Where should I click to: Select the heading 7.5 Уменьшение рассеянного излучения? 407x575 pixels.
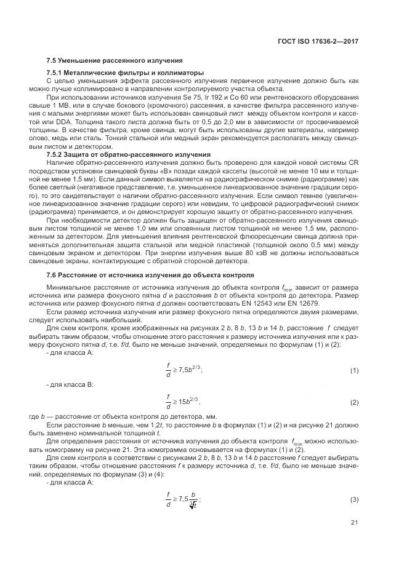point(115,61)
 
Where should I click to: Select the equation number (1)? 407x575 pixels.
point(354,371)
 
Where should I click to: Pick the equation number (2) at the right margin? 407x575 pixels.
point(354,402)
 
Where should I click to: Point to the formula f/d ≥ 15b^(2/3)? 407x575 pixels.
point(185,402)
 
